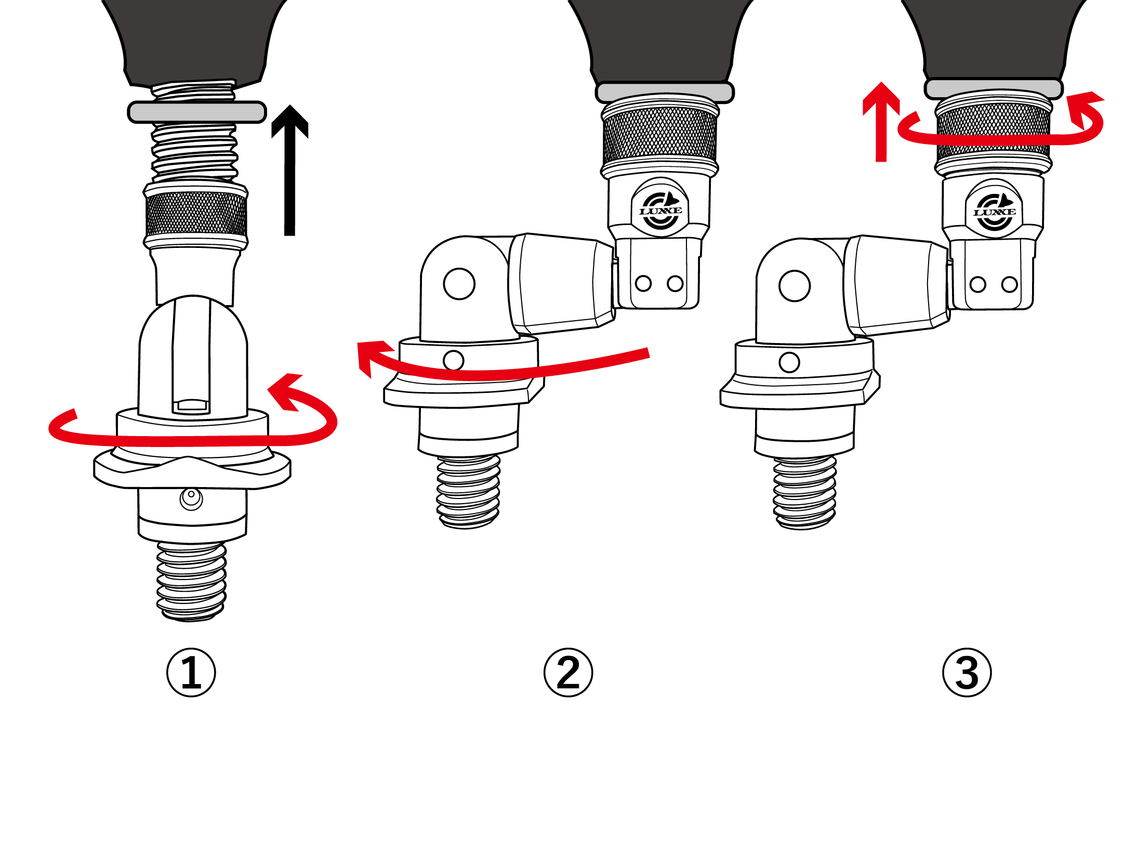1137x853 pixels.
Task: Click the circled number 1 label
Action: (x=191, y=673)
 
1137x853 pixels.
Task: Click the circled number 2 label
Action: (x=568, y=673)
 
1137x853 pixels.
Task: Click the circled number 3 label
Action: (x=967, y=673)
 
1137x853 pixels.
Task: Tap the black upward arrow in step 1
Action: (x=290, y=170)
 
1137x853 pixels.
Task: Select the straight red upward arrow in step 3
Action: (x=881, y=122)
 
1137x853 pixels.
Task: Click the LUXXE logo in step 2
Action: (x=660, y=210)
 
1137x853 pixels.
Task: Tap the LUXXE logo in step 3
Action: (x=994, y=212)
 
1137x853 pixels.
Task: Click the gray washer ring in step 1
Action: (x=197, y=112)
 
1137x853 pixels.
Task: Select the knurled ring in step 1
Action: (x=196, y=214)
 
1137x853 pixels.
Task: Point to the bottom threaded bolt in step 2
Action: (x=468, y=492)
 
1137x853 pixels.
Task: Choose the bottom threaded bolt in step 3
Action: (x=804, y=493)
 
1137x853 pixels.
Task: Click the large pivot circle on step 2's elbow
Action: (x=459, y=284)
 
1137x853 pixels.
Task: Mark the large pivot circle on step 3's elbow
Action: (x=795, y=286)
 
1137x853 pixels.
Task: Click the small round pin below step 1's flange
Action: (x=191, y=499)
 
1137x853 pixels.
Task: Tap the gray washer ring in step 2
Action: (x=665, y=92)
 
